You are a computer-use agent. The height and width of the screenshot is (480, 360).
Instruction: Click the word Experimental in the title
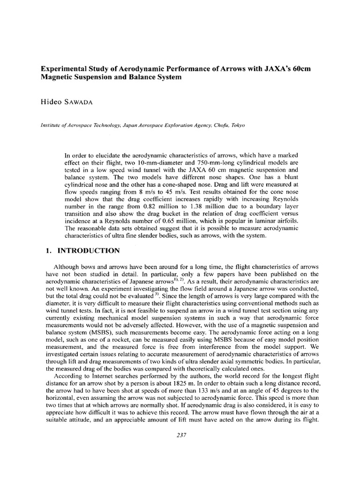point(60,69)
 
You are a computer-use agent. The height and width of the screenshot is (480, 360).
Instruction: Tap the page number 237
point(180,435)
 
